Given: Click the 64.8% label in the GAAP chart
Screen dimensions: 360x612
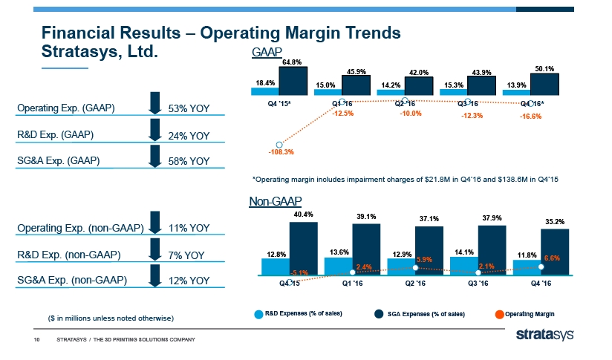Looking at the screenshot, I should click(x=291, y=62).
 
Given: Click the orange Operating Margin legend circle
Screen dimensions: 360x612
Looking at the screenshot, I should click(x=499, y=313).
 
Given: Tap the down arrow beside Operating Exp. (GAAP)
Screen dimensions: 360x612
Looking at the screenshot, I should click(x=154, y=104).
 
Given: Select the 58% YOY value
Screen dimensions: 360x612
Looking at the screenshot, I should click(x=189, y=161).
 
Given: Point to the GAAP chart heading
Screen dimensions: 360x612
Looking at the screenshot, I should click(x=264, y=53).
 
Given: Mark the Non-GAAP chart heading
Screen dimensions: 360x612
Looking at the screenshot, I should click(x=275, y=201).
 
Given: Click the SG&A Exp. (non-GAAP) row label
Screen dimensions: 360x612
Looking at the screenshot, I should click(x=73, y=280).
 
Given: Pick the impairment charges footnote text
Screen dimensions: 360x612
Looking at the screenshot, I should click(x=405, y=179).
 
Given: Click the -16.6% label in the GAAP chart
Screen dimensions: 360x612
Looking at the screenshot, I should click(x=530, y=117).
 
